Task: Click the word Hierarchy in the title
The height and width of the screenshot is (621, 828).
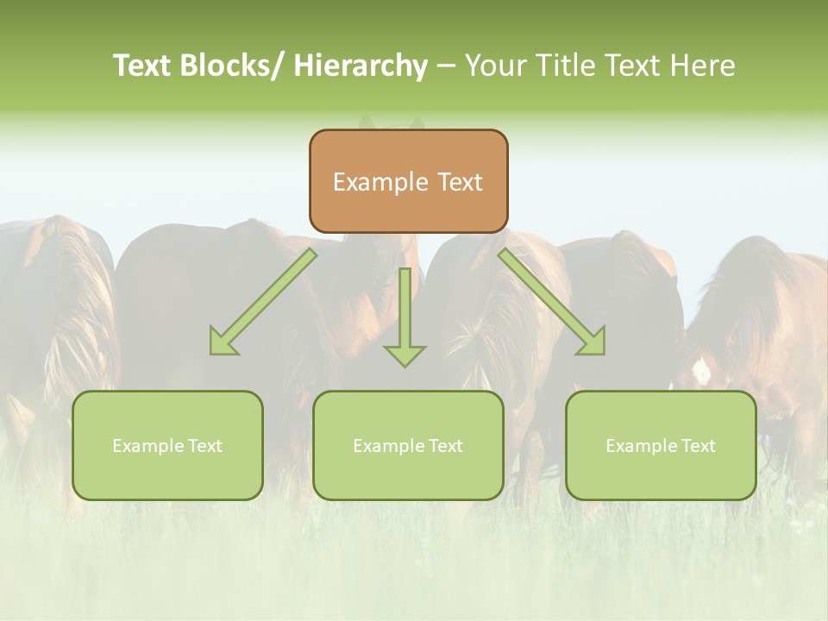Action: tap(361, 66)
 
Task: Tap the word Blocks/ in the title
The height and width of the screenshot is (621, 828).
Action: tap(230, 66)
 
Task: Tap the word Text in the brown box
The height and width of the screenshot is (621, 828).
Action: tap(460, 182)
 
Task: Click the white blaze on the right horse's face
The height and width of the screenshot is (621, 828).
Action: tap(701, 372)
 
